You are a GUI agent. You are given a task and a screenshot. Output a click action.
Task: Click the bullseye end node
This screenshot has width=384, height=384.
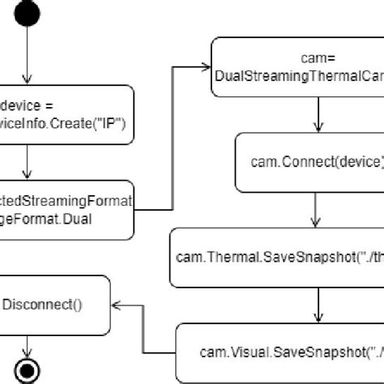pyautogui.click(x=28, y=371)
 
